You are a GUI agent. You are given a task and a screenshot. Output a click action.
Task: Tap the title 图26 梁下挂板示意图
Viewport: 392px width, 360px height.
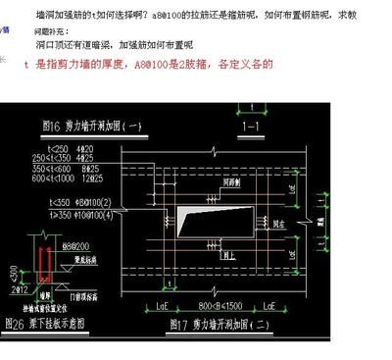(x=53, y=322)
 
